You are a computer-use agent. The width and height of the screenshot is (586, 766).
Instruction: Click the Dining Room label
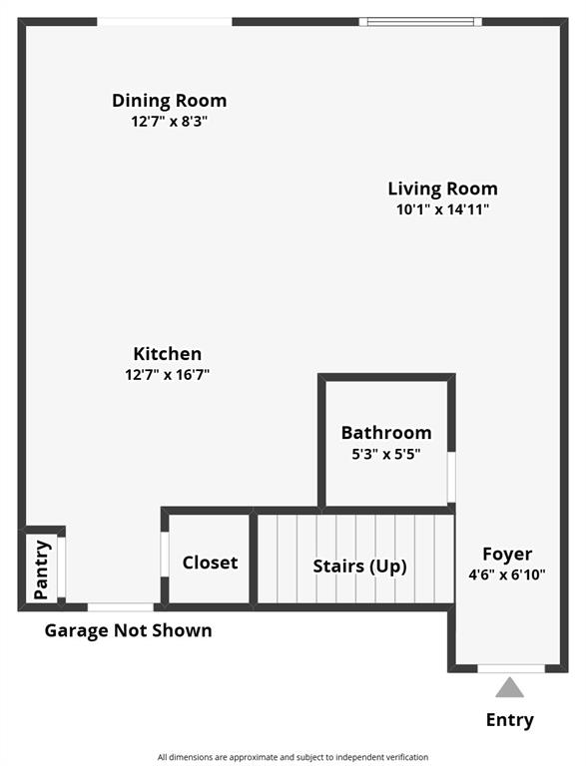tap(169, 101)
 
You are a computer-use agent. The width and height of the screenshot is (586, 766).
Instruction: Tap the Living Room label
tap(442, 189)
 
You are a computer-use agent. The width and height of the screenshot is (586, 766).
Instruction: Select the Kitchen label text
tap(168, 354)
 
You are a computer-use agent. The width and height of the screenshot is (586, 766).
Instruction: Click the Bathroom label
tap(386, 433)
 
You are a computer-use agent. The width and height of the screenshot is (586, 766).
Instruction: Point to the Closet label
tap(210, 563)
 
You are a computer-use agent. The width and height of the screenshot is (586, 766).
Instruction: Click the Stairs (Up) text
tap(359, 567)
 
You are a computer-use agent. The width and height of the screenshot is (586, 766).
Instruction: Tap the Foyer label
tap(507, 555)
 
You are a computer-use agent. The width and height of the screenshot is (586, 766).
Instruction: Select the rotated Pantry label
tap(42, 570)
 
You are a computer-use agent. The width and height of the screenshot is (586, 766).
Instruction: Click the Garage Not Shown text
tap(128, 630)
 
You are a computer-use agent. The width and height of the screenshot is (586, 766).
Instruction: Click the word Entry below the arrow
tap(509, 720)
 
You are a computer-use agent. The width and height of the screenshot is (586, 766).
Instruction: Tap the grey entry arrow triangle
tap(510, 687)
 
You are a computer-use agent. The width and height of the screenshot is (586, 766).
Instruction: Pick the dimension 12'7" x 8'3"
tap(169, 122)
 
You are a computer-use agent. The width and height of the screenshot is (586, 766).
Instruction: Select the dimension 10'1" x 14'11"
tap(442, 209)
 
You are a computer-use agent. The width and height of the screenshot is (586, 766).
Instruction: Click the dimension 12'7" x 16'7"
tap(168, 375)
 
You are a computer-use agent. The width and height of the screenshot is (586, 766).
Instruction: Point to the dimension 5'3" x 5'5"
tap(386, 454)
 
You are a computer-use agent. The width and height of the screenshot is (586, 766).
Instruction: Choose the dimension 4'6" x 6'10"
tap(507, 575)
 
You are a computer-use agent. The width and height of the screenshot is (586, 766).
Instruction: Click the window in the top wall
tap(420, 21)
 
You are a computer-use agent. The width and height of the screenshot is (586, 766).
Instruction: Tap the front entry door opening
tap(511, 667)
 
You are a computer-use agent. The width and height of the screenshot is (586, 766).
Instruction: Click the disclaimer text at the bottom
tap(293, 757)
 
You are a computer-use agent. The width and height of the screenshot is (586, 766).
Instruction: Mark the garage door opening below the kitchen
tap(121, 606)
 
